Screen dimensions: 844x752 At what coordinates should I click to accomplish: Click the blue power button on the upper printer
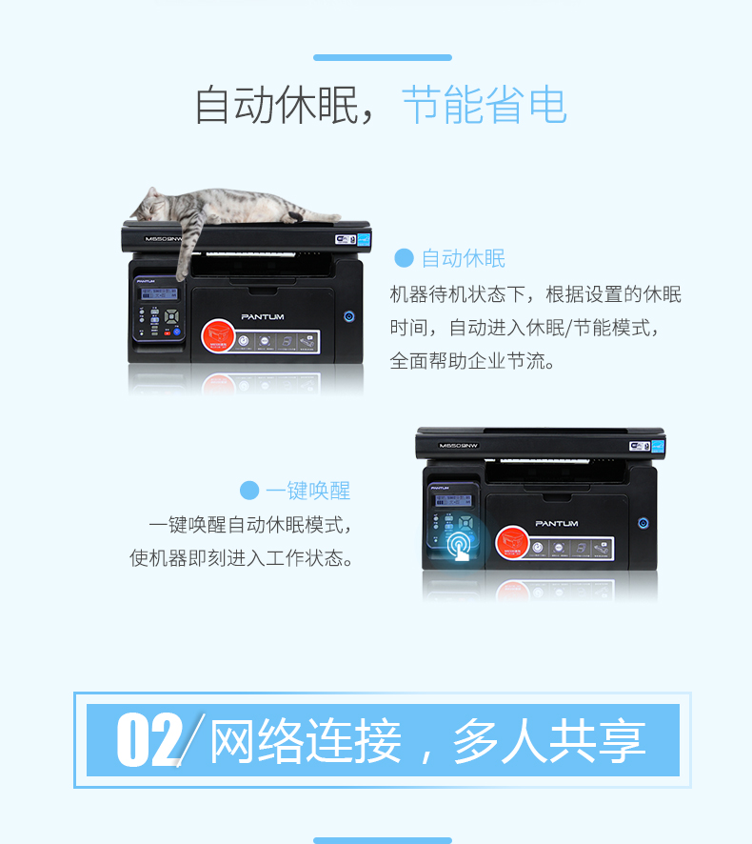[348, 315]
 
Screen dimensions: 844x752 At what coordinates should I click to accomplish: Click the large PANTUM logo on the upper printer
[262, 316]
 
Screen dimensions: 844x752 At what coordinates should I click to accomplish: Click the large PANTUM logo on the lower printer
[556, 523]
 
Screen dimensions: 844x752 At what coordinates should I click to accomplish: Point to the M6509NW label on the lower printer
[459, 445]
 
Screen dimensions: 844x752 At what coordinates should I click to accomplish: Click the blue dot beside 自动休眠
[404, 258]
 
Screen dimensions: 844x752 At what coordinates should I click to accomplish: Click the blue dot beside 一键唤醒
[249, 491]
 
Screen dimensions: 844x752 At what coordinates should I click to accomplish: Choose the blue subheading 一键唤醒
[308, 491]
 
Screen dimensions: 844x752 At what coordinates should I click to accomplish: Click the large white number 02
[148, 740]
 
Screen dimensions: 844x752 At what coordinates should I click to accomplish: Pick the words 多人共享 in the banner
[549, 741]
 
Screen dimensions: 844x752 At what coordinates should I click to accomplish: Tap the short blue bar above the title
[382, 58]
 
